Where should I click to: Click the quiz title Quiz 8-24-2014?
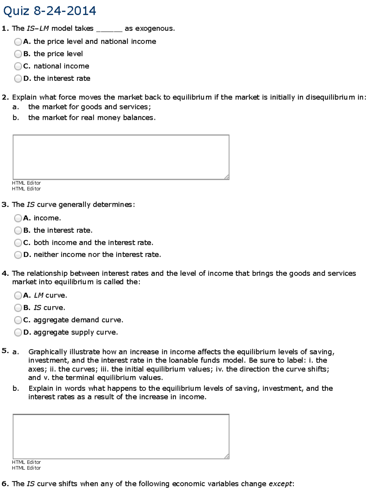coord(49,11)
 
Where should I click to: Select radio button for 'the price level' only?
coord(18,54)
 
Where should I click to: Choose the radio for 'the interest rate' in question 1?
coord(18,79)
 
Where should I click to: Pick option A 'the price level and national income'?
coord(18,42)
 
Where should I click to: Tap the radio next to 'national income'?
coord(18,66)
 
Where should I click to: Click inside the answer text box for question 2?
coord(121,157)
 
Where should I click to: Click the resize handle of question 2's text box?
coord(227,177)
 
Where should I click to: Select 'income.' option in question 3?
coord(18,218)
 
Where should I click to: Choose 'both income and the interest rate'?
coord(18,243)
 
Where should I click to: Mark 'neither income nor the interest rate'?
coord(18,255)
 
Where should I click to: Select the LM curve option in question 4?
coord(18,295)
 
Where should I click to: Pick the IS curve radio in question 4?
coord(18,308)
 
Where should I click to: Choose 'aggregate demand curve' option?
coord(18,320)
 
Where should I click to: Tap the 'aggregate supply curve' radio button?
coord(18,333)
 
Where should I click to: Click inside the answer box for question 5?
coord(121,436)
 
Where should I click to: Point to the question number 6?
coord(5,484)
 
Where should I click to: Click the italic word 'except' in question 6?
coord(280,484)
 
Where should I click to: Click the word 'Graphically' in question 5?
coord(48,352)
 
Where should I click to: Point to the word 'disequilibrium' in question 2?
coord(330,97)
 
